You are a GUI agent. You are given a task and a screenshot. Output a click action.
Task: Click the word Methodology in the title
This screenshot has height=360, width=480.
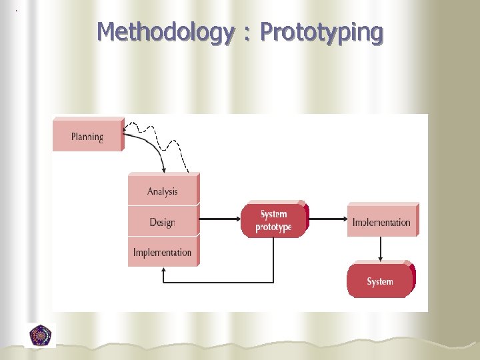[x=165, y=32]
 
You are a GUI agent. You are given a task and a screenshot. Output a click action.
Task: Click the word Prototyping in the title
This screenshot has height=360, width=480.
[x=321, y=32]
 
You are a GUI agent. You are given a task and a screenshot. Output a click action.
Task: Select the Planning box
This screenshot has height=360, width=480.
[x=87, y=136]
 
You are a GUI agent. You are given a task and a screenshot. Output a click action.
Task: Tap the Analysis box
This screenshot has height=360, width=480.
[x=163, y=191]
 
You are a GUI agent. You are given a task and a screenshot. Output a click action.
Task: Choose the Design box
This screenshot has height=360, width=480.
[x=163, y=222]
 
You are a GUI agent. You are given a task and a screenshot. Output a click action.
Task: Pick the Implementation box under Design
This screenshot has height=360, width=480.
[x=163, y=252]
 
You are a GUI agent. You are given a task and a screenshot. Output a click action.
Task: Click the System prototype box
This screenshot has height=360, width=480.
[x=273, y=221]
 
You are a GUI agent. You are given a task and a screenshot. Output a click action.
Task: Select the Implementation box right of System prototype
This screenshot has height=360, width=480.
[x=381, y=222]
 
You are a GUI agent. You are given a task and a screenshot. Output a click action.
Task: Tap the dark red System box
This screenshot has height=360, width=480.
[x=379, y=281]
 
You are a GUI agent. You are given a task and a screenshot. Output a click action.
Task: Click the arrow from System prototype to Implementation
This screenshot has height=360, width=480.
[x=327, y=218]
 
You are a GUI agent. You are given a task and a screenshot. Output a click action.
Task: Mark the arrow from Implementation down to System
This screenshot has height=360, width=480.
[x=381, y=249]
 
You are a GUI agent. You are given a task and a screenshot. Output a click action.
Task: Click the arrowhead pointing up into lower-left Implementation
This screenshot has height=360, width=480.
[x=164, y=272]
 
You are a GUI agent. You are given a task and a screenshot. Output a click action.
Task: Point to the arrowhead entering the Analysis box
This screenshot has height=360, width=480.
[x=164, y=170]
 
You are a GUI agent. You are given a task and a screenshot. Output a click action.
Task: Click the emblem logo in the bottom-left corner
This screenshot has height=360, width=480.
[x=41, y=335]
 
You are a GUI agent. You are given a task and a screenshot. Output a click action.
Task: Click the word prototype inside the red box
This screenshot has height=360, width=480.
[x=273, y=227]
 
